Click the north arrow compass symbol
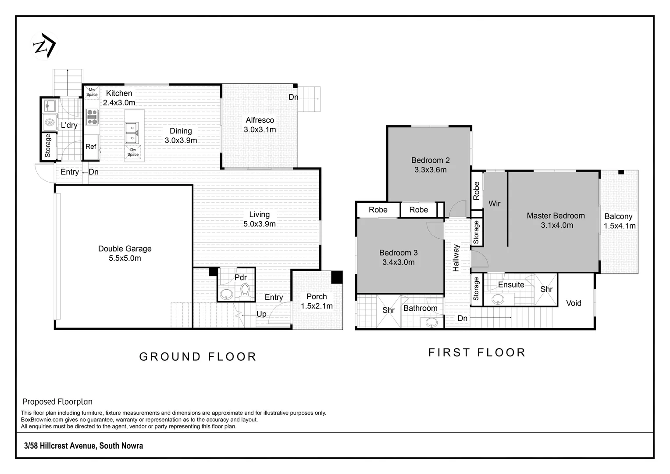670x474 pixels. [x=44, y=46]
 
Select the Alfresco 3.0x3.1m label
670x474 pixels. [x=260, y=125]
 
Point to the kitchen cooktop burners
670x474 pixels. [x=92, y=117]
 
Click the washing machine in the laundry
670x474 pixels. [x=50, y=123]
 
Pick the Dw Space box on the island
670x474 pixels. [x=133, y=152]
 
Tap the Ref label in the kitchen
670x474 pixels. [x=91, y=147]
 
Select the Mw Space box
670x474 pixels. [x=92, y=92]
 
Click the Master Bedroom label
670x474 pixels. [x=556, y=220]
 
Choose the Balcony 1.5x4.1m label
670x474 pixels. [x=620, y=221]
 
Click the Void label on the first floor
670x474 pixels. [x=574, y=303]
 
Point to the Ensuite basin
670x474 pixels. [x=498, y=298]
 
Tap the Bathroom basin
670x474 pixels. [x=431, y=322]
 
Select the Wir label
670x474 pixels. [x=495, y=204]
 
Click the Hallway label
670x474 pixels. [x=456, y=258]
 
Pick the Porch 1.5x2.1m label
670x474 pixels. [x=317, y=301]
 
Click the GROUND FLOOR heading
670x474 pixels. [x=198, y=357]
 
